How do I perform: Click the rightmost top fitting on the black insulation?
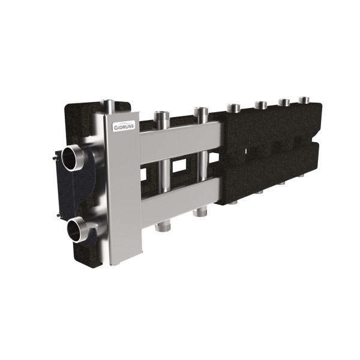tap(305, 100)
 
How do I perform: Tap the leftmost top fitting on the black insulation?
tap(232, 109)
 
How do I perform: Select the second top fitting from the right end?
tap(285, 103)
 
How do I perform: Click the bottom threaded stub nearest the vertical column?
tap(162, 226)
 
